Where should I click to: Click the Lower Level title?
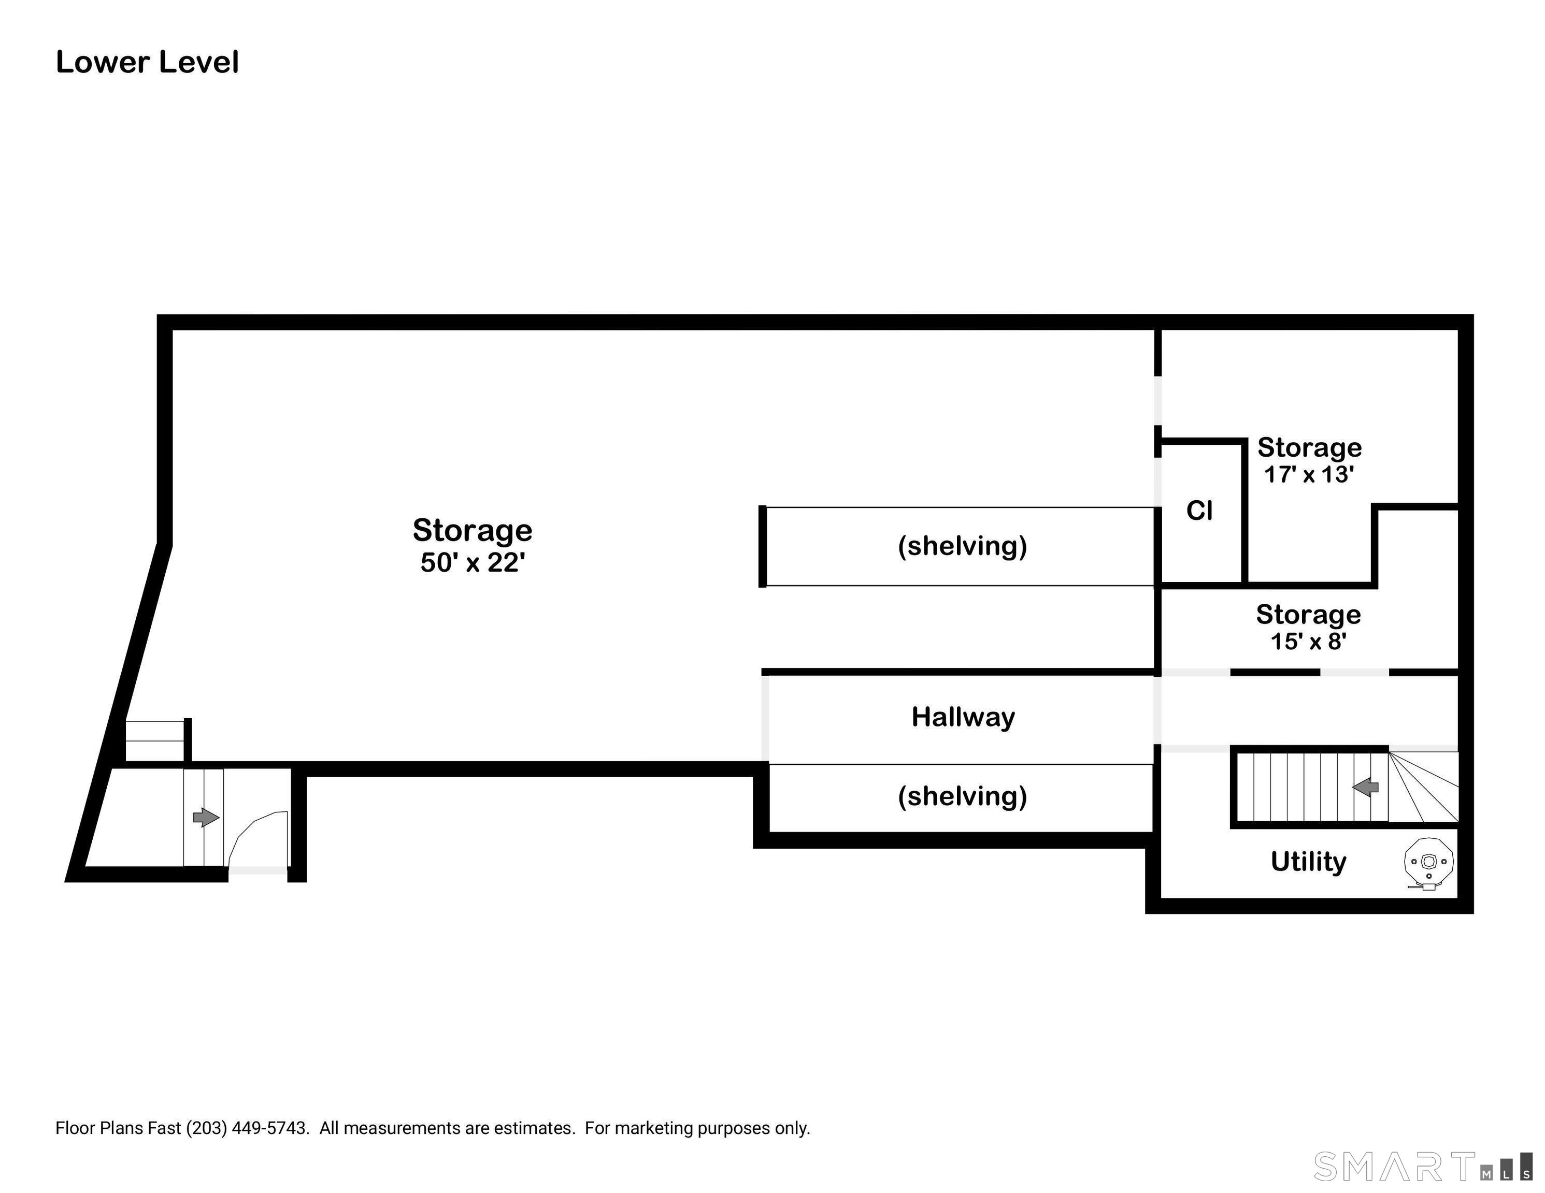(x=147, y=62)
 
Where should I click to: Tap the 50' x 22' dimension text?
(x=473, y=562)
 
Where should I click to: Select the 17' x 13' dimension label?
(x=1309, y=474)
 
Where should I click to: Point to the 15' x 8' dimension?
(x=1308, y=642)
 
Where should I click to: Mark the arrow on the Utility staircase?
(x=1366, y=787)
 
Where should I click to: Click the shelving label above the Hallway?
(x=962, y=546)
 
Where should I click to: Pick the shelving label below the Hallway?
(x=962, y=796)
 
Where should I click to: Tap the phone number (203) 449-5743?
(x=248, y=1128)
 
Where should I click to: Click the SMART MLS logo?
(x=1421, y=1166)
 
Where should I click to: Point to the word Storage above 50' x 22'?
(x=473, y=530)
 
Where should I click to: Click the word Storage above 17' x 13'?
(x=1309, y=448)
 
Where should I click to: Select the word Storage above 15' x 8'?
(x=1308, y=615)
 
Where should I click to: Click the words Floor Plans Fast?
(x=118, y=1128)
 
